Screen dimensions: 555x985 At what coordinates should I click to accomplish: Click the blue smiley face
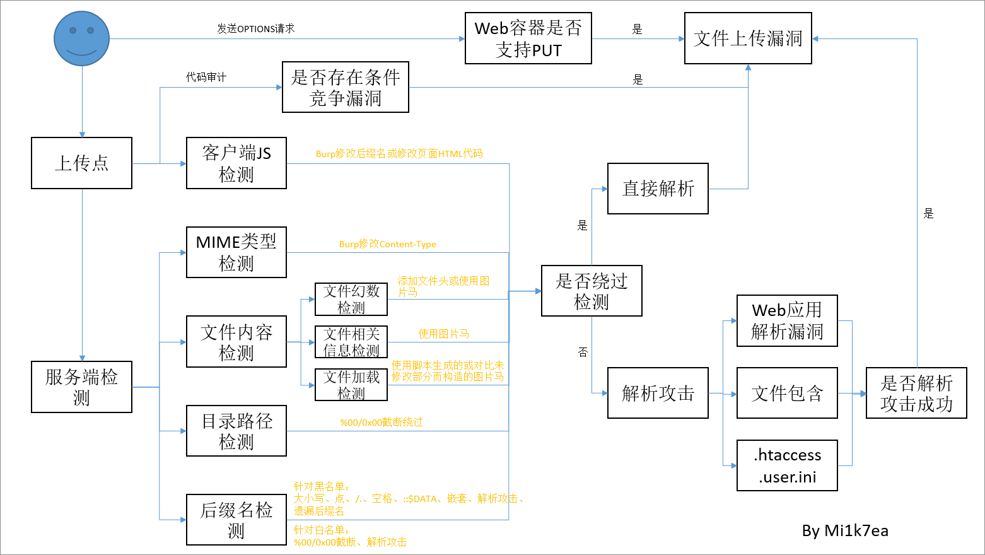click(81, 38)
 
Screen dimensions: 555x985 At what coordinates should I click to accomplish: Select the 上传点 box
click(81, 163)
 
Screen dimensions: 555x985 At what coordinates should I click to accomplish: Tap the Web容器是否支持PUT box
click(528, 38)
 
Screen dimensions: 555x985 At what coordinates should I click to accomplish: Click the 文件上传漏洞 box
click(748, 38)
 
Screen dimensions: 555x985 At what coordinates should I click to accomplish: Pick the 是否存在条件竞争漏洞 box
click(345, 87)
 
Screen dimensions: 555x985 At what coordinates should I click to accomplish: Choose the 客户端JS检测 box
click(236, 163)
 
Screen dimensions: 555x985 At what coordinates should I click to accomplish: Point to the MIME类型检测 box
click(236, 252)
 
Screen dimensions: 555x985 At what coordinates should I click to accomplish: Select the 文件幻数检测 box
click(351, 299)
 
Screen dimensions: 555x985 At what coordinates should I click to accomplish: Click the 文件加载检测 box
click(351, 385)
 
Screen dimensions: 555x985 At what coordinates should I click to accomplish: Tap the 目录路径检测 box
click(236, 431)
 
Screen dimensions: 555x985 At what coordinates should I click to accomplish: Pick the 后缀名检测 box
click(236, 520)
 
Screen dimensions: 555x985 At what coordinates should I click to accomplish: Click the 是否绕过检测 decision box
click(592, 291)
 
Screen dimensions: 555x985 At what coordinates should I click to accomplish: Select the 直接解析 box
click(658, 189)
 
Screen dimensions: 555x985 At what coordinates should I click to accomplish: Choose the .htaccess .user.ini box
click(787, 465)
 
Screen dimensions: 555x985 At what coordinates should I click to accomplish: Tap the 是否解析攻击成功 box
click(916, 393)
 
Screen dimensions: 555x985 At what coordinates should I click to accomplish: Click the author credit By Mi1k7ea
click(845, 531)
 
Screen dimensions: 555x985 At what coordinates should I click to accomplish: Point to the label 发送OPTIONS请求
click(256, 28)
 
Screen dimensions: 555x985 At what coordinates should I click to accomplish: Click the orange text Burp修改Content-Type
click(387, 244)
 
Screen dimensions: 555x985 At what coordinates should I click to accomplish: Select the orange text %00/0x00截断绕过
click(382, 422)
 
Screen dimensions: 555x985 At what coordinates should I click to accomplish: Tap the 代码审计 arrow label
click(206, 77)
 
